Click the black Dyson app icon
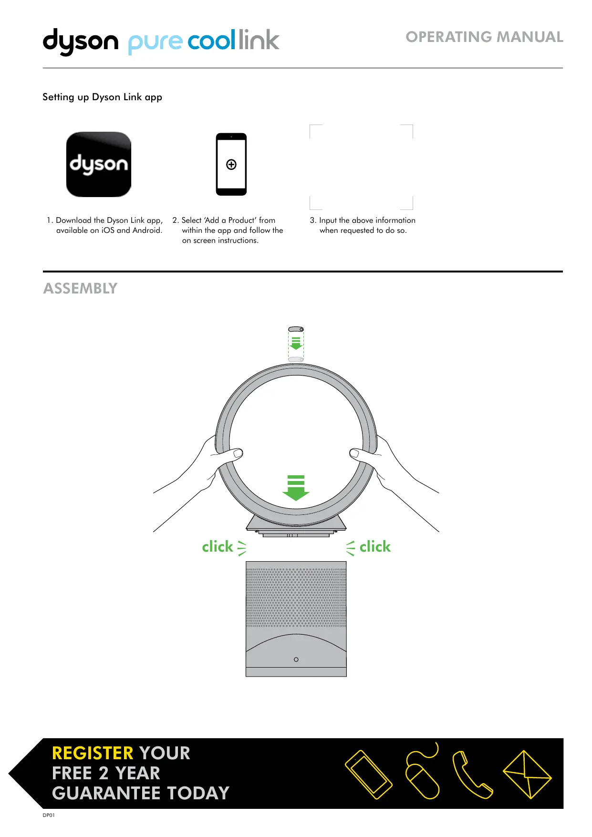tap(98, 164)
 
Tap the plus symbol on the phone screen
tap(231, 165)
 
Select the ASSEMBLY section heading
tap(80, 289)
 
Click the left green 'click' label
tap(218, 547)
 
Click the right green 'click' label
tap(375, 547)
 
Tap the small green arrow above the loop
tap(296, 343)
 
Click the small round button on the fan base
tap(296, 659)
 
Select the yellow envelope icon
tap(527, 774)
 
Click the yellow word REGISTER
tap(93, 753)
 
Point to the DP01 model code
tap(49, 816)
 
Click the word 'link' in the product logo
tap(259, 40)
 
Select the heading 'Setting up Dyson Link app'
tap(102, 97)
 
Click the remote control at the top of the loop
tap(296, 329)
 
